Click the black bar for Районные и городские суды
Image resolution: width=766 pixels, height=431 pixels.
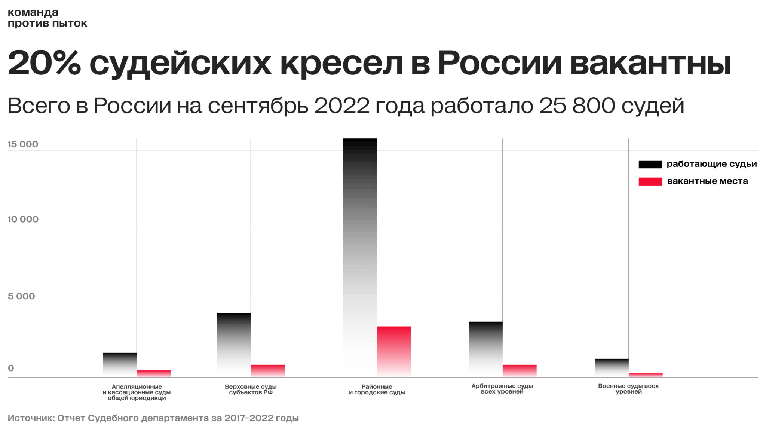(x=360, y=254)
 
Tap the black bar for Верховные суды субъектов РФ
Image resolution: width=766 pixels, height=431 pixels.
(x=234, y=344)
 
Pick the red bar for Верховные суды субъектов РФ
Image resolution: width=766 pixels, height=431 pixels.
(x=267, y=370)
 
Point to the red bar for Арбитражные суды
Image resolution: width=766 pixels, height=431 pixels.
(x=519, y=370)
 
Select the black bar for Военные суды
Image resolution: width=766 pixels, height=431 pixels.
(x=612, y=367)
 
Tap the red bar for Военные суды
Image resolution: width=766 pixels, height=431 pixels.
(x=645, y=375)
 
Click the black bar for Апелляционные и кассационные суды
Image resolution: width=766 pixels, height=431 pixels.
(x=120, y=364)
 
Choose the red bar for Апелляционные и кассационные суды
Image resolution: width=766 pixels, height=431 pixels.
(x=153, y=373)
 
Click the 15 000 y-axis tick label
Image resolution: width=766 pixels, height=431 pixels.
(x=23, y=144)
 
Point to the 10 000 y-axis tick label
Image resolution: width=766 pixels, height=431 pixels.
(x=23, y=219)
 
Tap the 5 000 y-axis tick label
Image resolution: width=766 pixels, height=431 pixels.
(x=21, y=296)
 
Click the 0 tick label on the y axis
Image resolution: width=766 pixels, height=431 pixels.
(x=11, y=368)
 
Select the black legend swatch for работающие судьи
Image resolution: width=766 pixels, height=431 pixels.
(x=650, y=164)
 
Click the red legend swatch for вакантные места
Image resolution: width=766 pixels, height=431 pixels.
(x=650, y=181)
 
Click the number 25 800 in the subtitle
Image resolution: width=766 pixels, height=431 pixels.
(x=577, y=106)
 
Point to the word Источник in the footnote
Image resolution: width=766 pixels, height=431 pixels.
(x=30, y=418)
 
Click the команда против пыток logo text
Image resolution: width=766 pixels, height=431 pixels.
(x=47, y=18)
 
